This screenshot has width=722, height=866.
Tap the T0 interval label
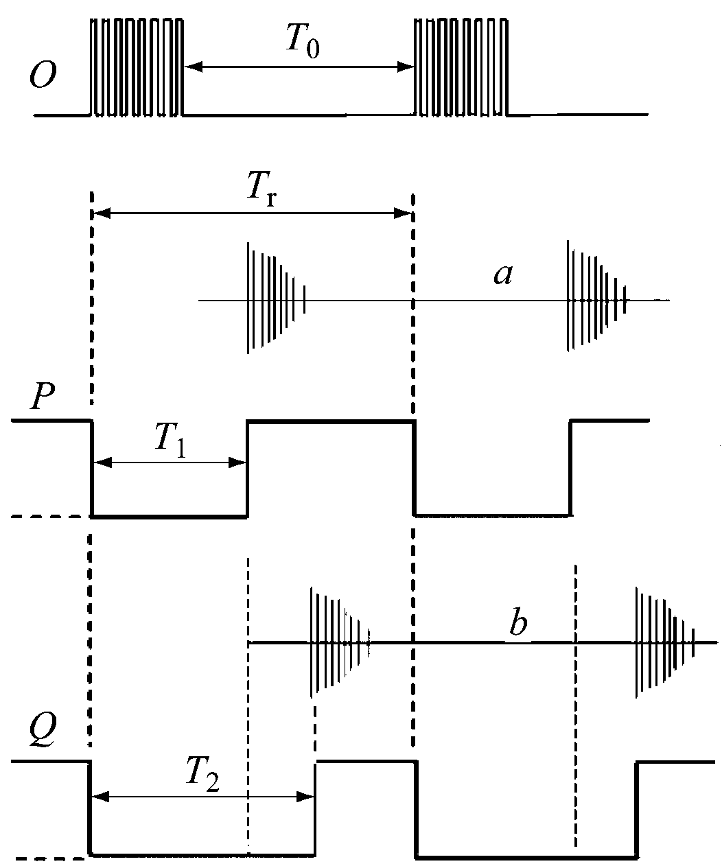click(x=301, y=43)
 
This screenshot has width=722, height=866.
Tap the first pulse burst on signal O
click(x=137, y=67)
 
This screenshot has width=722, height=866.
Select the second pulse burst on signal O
click(x=461, y=67)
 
